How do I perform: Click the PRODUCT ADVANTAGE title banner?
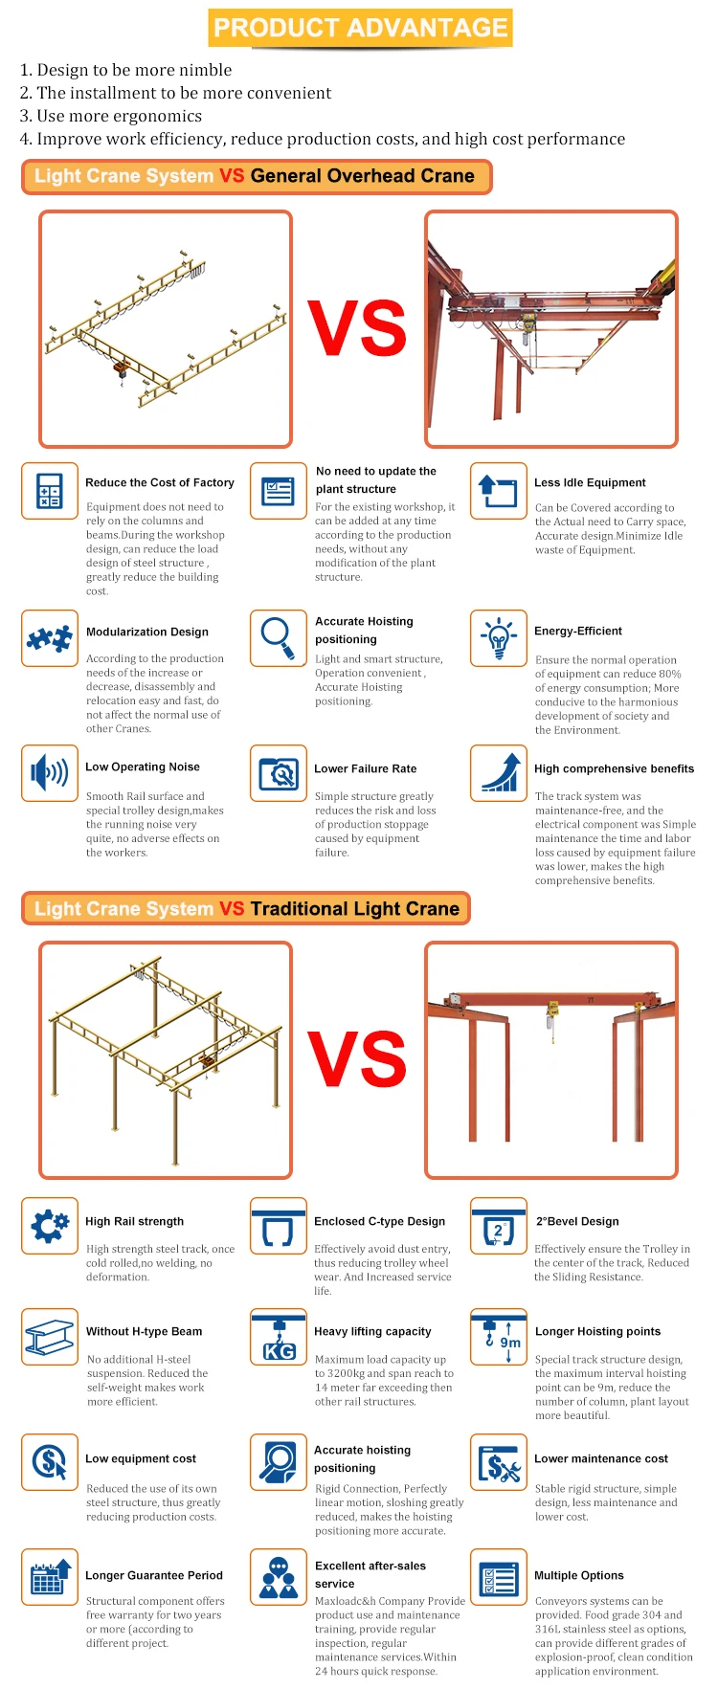(x=360, y=28)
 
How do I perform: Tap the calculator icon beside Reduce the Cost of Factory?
(x=50, y=491)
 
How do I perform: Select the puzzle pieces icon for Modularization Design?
(x=50, y=638)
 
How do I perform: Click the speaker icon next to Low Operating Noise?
(x=50, y=772)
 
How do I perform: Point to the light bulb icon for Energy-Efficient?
(x=498, y=638)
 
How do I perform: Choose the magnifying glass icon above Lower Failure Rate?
(x=278, y=772)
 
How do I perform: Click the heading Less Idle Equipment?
(x=590, y=483)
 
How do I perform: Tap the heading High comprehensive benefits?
(x=614, y=768)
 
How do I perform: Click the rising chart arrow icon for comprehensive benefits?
(x=498, y=772)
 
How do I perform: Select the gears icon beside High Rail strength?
(x=50, y=1225)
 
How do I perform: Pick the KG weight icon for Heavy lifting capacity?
(x=278, y=1338)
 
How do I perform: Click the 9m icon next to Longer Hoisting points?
(x=498, y=1337)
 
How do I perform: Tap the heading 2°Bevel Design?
(x=577, y=1222)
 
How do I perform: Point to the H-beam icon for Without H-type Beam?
(x=50, y=1337)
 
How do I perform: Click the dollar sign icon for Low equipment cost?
(x=50, y=1462)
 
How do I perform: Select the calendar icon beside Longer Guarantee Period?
(x=50, y=1576)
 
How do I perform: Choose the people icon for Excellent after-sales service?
(x=278, y=1576)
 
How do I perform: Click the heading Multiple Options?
(x=579, y=1576)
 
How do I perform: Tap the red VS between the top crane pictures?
(x=356, y=328)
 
